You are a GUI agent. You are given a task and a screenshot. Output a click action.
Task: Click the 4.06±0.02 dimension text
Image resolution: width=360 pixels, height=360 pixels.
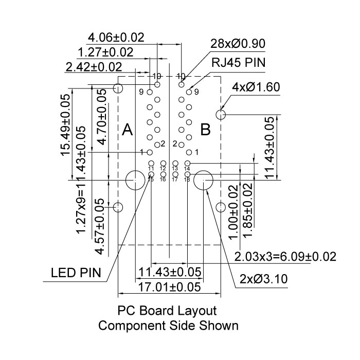(116, 38)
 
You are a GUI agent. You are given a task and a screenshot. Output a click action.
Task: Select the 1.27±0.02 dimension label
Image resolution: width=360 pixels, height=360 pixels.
(105, 52)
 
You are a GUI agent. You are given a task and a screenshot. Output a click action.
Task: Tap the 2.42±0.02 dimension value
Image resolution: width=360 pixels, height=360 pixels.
(94, 67)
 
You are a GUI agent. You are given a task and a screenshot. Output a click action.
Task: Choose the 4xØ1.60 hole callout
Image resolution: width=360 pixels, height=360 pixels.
(256, 87)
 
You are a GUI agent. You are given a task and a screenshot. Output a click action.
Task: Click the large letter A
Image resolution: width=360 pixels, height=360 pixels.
(128, 131)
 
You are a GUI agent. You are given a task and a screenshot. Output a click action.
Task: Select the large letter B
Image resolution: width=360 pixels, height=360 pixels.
(205, 130)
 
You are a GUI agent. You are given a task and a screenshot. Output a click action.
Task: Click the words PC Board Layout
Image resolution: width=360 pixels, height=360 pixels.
(168, 311)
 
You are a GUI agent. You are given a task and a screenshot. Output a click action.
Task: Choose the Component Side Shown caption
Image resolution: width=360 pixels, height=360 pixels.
(168, 326)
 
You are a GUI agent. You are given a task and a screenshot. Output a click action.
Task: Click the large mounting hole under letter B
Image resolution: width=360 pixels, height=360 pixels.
(204, 181)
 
